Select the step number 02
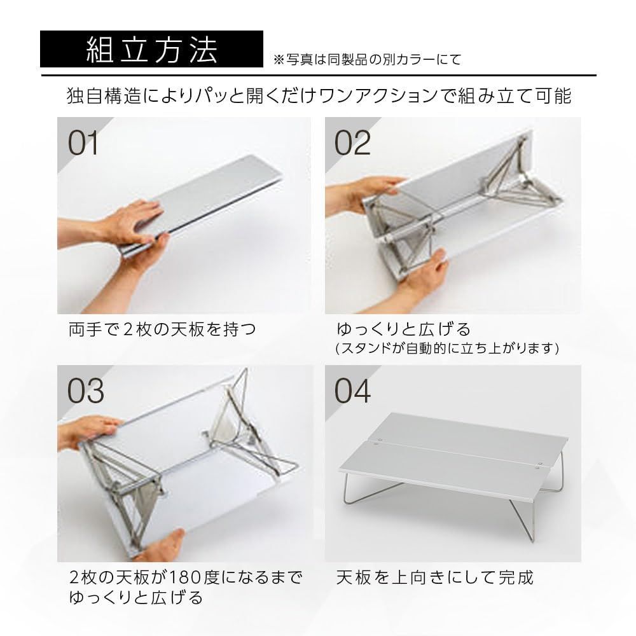point(352,144)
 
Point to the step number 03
point(85,392)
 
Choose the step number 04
point(352,392)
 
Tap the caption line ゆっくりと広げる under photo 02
point(403,330)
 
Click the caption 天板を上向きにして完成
point(434,577)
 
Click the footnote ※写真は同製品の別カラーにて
point(367,60)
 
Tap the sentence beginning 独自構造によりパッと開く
point(319,97)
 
